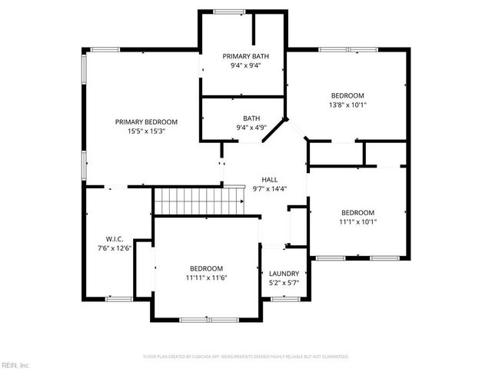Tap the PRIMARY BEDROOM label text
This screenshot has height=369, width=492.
[146, 121]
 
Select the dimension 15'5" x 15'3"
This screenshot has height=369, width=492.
[146, 131]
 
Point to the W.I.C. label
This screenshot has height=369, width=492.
[115, 238]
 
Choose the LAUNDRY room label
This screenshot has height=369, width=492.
[284, 274]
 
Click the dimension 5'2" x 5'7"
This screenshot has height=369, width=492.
[284, 284]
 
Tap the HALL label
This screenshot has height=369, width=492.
[269, 179]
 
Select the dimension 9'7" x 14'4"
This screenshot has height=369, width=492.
[269, 189]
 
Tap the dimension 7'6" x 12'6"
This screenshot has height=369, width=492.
[115, 248]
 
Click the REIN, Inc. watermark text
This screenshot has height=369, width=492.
[15, 364]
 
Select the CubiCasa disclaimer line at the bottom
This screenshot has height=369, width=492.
[246, 357]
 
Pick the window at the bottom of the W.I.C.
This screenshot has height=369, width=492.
[118, 298]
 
